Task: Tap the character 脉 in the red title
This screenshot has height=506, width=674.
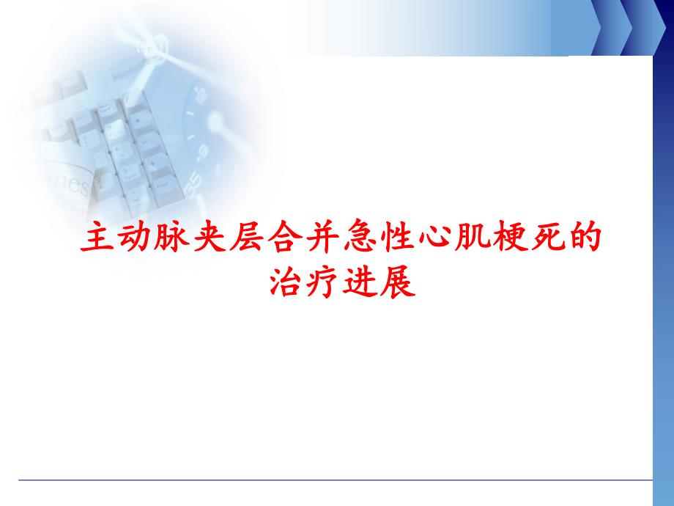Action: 170,240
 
